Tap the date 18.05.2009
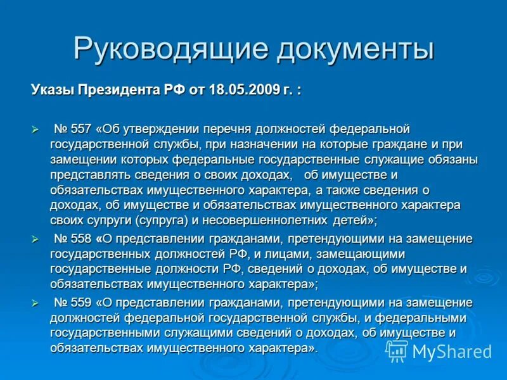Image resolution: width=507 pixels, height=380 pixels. pos(244,89)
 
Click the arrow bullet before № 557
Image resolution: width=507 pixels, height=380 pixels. pos(35,129)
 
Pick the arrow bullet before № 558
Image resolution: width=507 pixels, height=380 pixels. pos(35,239)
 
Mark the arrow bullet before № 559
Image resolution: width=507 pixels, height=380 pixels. pos(35,303)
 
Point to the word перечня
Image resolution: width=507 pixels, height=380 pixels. pos(232,129)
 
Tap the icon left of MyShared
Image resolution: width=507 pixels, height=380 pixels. pos(397,351)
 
